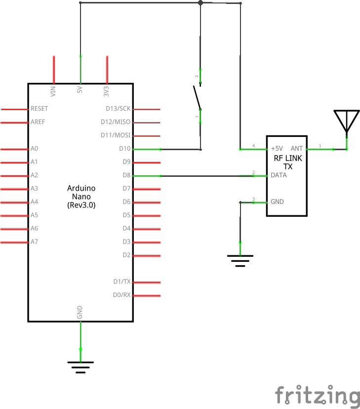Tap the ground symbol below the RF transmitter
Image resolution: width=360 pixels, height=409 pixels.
240,260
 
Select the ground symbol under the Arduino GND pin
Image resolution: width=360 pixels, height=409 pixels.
80,366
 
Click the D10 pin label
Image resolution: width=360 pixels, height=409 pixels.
124,149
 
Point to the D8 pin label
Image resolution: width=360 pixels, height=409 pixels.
126,175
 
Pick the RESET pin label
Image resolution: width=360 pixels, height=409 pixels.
40,109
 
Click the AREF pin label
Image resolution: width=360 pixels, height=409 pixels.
38,122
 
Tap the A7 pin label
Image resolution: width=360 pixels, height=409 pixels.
34,242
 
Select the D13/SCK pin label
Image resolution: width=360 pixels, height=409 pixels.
118,109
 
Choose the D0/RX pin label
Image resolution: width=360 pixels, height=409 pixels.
121,295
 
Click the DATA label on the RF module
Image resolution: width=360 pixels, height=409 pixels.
279,175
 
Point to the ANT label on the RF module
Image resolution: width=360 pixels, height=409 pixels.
297,148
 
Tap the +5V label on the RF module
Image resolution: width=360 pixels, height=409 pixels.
277,148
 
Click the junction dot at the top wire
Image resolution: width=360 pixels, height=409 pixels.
200,3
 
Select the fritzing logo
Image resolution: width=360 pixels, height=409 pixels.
318,396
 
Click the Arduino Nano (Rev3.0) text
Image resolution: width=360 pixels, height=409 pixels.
81,197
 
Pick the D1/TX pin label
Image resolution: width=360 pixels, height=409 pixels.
121,282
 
